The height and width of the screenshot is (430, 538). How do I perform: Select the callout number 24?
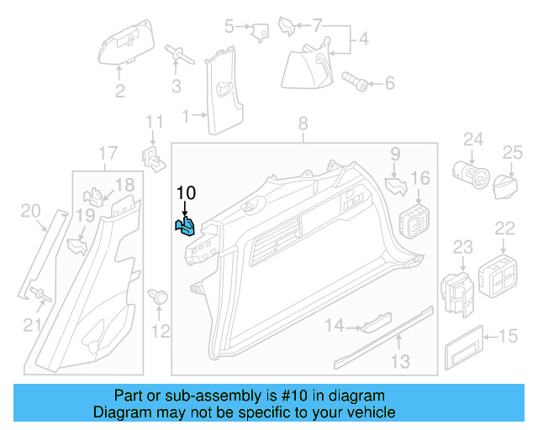(473, 139)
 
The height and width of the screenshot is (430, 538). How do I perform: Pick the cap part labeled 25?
(504, 183)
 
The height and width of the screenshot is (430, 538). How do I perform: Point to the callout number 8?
(303, 125)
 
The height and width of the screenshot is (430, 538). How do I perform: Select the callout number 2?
(120, 91)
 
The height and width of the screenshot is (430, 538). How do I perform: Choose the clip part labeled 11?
(153, 156)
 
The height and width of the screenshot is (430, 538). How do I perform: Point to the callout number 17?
(108, 153)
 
